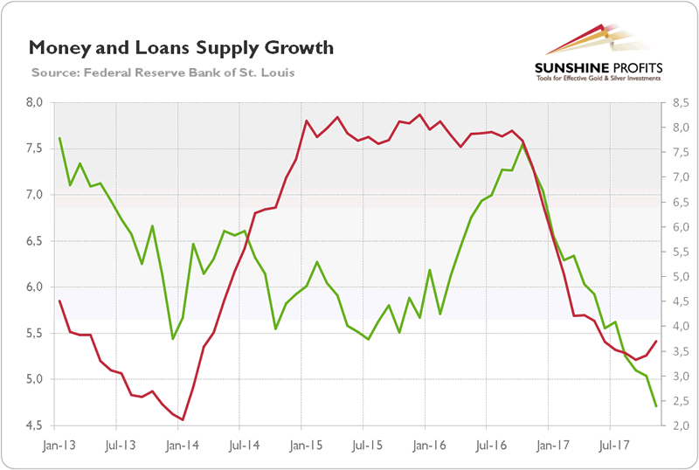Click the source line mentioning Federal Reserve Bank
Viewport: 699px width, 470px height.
pos(163,72)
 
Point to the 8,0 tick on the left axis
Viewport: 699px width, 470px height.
pos(37,102)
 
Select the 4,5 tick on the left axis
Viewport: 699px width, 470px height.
pos(37,425)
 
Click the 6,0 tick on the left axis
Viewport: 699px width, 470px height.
pos(37,287)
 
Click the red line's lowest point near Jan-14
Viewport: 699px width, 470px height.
pos(183,420)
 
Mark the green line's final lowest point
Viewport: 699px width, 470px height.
pos(656,406)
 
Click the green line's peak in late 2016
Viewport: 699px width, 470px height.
pos(523,142)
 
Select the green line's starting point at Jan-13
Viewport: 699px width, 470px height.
pos(59,138)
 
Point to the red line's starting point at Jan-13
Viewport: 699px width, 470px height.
pos(59,301)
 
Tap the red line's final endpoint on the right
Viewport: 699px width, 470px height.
pos(656,341)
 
